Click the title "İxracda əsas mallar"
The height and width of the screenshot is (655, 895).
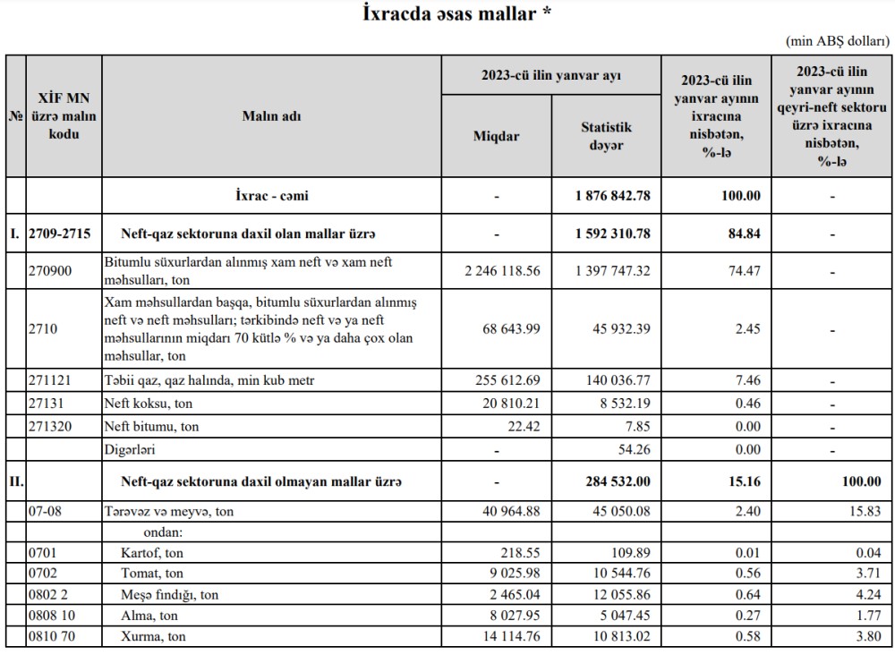click(x=456, y=14)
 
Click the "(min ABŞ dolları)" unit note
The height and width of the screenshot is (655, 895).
click(x=838, y=41)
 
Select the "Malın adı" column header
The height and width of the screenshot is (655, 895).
click(x=271, y=115)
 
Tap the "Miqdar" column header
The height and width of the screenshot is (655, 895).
click(x=496, y=136)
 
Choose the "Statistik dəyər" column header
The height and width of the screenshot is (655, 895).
click(x=606, y=136)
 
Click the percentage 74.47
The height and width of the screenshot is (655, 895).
click(x=716, y=269)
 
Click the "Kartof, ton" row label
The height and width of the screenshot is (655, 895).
click(x=152, y=554)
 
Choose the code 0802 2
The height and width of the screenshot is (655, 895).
click(x=47, y=595)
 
